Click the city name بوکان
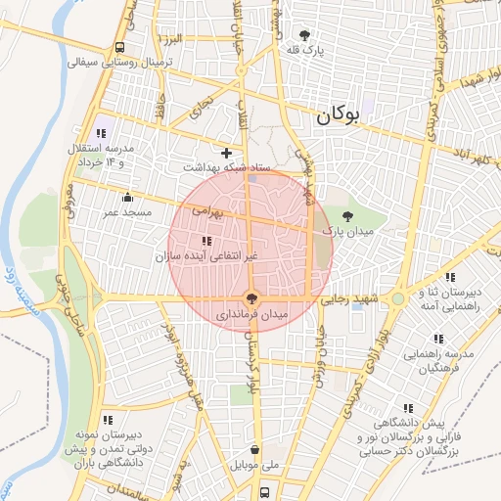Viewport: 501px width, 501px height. [x=339, y=115]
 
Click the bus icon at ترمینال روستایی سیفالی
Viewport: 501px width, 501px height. [x=119, y=47]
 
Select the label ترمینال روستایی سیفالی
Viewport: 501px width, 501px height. [x=119, y=62]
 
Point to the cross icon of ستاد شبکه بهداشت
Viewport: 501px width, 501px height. [x=227, y=153]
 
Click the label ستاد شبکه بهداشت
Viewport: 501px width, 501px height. [x=226, y=168]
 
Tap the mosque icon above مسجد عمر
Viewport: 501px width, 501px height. [x=126, y=197]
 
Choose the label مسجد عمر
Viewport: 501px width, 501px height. [x=127, y=211]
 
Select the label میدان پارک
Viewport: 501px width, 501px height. [x=349, y=231]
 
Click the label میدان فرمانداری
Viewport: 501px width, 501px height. [x=252, y=316]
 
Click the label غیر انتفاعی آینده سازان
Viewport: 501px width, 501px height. [x=205, y=256]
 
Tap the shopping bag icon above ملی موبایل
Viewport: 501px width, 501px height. [x=255, y=450]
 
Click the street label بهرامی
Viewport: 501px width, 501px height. [x=206, y=210]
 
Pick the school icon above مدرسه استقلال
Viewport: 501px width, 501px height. [x=101, y=133]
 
